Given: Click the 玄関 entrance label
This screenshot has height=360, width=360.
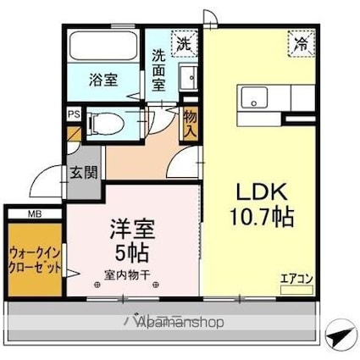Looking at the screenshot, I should pos(84,173).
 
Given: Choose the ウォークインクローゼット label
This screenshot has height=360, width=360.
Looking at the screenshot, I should pos(34,258).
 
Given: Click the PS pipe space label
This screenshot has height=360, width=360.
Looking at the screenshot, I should pos(74,112).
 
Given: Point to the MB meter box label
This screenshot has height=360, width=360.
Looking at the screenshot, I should pos(35,213).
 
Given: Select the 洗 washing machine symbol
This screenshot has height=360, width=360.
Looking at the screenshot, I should pos(183,42).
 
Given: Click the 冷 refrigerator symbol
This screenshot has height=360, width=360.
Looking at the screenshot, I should pos(300,43).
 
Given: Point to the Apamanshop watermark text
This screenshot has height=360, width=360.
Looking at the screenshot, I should pos(174,322).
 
